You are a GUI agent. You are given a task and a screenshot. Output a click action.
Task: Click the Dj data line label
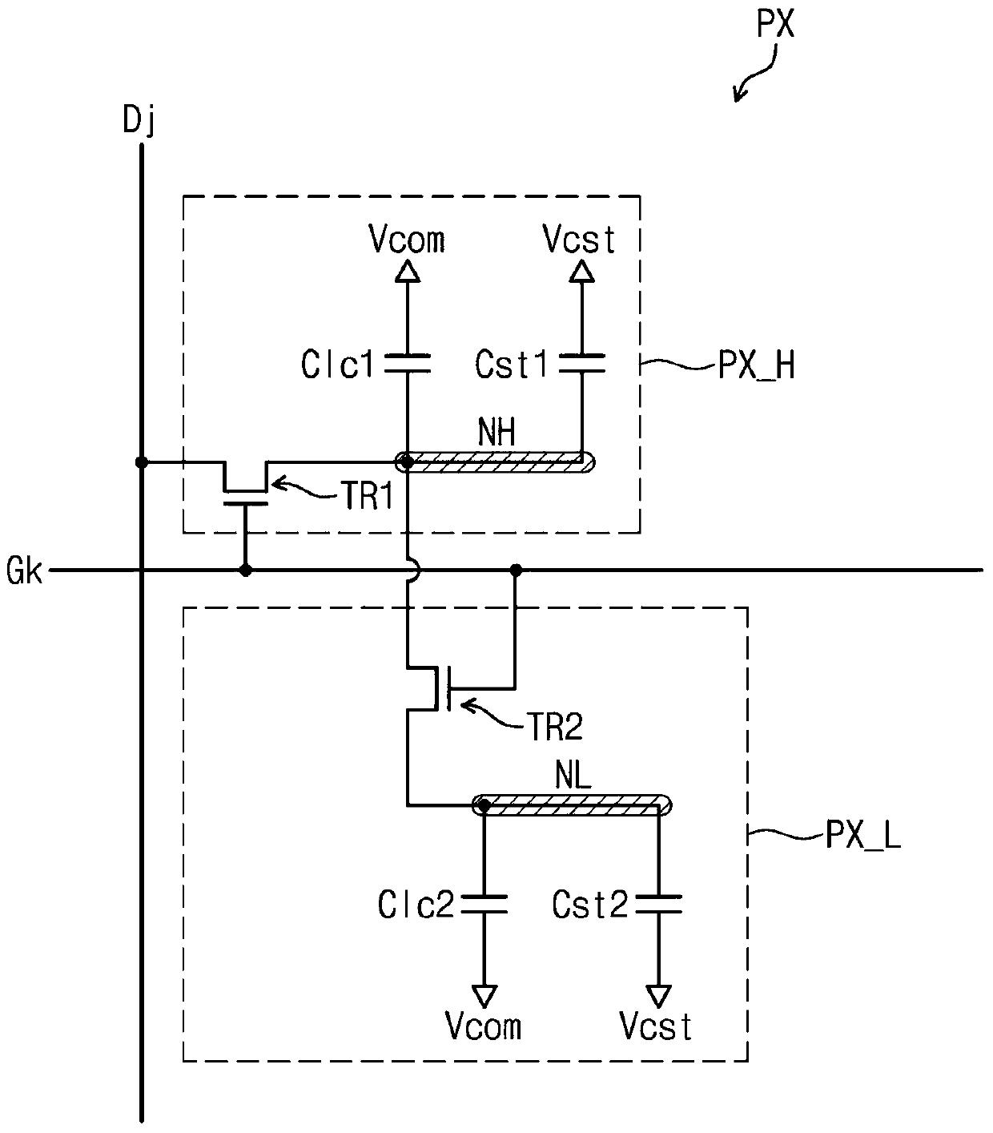[x=139, y=121]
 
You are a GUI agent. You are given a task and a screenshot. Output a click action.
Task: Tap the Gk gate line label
[x=25, y=571]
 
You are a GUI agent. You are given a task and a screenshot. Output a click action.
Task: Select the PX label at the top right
[x=775, y=25]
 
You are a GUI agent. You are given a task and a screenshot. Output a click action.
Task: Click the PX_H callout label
[x=756, y=365]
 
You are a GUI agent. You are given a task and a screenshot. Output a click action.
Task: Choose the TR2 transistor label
[x=556, y=728]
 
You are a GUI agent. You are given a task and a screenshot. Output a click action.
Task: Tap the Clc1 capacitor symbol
[x=408, y=363]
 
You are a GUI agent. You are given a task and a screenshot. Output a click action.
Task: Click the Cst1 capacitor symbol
[x=581, y=363]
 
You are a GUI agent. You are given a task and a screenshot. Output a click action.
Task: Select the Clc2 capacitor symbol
[x=484, y=905]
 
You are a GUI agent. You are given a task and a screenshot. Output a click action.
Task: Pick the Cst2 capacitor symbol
[x=658, y=905]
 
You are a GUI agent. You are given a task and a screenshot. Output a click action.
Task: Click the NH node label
[x=496, y=432]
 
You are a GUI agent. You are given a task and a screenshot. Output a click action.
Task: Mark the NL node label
[x=573, y=776]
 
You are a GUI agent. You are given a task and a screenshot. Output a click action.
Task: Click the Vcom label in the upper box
[x=407, y=240]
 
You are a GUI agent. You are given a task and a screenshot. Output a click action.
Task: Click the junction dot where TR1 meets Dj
[x=142, y=462]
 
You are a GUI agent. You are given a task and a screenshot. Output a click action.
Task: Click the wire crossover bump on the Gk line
[x=413, y=571]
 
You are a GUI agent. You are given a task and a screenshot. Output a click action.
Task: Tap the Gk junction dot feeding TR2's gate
[x=516, y=571]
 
